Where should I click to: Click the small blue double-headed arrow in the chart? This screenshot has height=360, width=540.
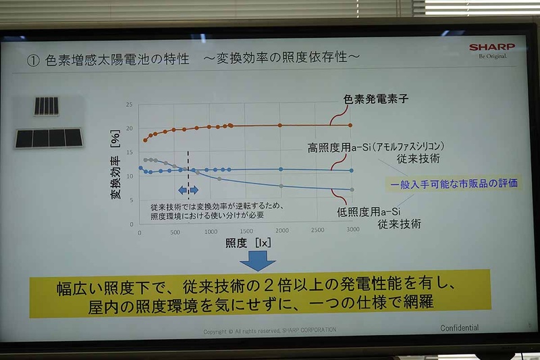(188, 190)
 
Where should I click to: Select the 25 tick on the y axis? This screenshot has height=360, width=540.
(129, 105)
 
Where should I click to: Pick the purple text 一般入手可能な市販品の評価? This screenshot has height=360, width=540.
(454, 184)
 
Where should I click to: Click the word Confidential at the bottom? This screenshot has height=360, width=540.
(459, 328)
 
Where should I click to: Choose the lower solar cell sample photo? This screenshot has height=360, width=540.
(49, 138)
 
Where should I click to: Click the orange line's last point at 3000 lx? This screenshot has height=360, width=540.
(351, 125)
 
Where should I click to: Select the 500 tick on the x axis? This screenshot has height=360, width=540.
(173, 232)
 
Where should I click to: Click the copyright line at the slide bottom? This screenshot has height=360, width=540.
(270, 330)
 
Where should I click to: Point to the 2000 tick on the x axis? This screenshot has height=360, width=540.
(281, 231)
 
